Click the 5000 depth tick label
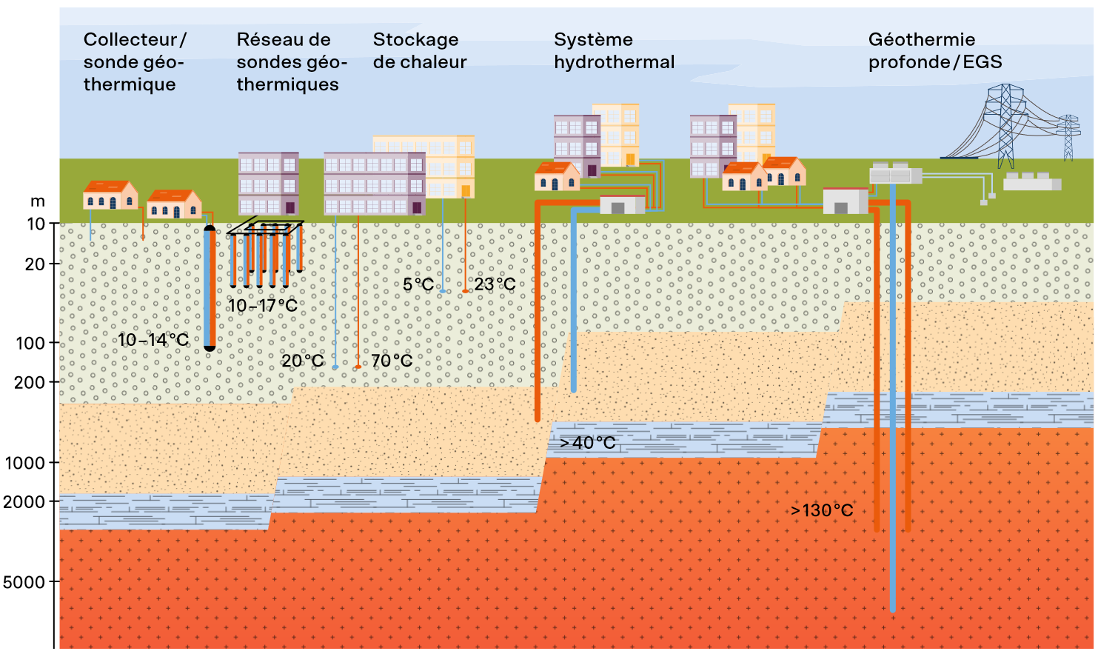pyautogui.click(x=24, y=582)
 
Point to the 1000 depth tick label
pyautogui.click(x=25, y=463)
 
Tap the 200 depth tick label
pyautogui.click(x=30, y=382)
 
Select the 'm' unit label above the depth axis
pyautogui.click(x=38, y=201)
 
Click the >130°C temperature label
pyautogui.click(x=822, y=510)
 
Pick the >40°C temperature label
pyautogui.click(x=587, y=443)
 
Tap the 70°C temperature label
pyautogui.click(x=392, y=361)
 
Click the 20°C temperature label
pyautogui.click(x=302, y=361)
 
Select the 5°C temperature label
pyautogui.click(x=418, y=284)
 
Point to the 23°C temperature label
pyautogui.click(x=495, y=284)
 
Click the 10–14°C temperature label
pyautogui.click(x=153, y=340)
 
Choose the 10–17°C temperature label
pyautogui.click(x=263, y=305)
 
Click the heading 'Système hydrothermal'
pyautogui.click(x=615, y=50)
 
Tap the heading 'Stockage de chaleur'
pyautogui.click(x=420, y=50)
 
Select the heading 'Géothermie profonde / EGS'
pyautogui.click(x=935, y=50)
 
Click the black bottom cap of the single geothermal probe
pyautogui.click(x=210, y=348)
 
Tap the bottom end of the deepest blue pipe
pyautogui.click(x=893, y=610)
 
